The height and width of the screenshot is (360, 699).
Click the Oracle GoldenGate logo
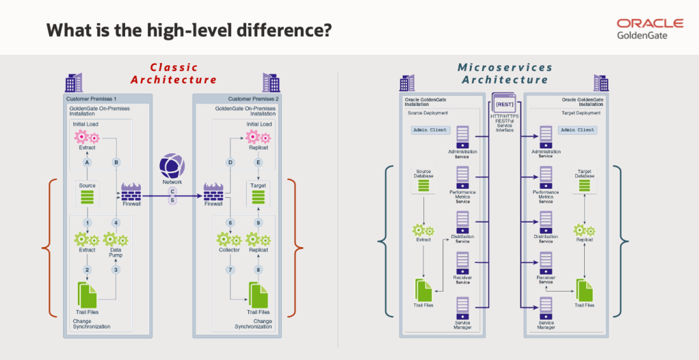click(x=649, y=29)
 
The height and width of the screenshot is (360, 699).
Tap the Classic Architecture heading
click(x=174, y=73)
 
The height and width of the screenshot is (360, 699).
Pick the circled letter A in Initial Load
click(x=88, y=162)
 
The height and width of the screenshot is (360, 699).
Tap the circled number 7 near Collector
click(x=230, y=269)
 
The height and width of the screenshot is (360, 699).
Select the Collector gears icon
click(x=229, y=240)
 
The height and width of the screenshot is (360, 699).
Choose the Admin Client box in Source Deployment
click(x=430, y=129)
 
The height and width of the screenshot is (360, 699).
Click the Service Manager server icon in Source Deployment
click(x=463, y=307)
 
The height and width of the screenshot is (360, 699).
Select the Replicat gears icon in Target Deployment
click(x=583, y=229)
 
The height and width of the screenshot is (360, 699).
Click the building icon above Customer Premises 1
click(x=73, y=83)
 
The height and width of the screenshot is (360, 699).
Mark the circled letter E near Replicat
click(x=258, y=162)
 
